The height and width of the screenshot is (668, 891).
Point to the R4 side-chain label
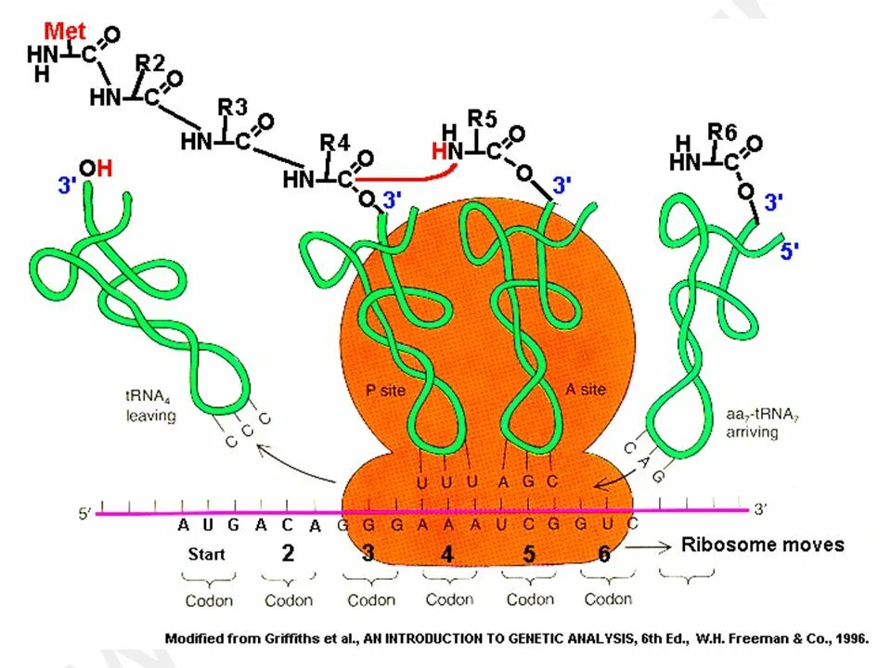335,142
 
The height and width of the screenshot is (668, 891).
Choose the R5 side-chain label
483,119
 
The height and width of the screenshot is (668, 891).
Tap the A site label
586,391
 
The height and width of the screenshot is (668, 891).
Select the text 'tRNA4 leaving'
151,407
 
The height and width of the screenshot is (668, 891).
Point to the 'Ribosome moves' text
763,545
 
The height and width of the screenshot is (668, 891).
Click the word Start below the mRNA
206,554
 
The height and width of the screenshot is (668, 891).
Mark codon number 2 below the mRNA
288,553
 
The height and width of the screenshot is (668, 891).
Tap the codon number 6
604,554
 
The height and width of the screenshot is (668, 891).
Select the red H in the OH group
104,168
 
